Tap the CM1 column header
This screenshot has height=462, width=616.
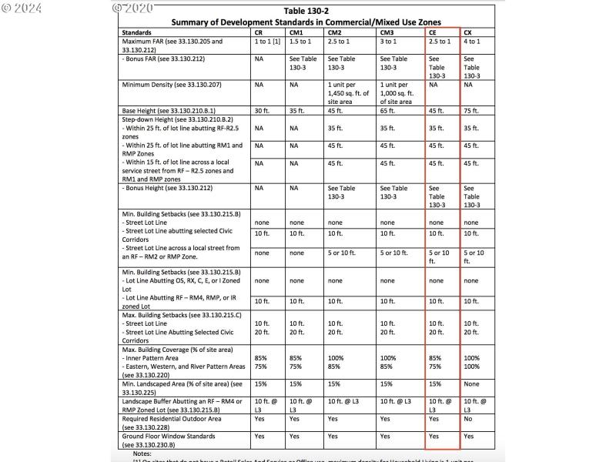[x=296, y=34]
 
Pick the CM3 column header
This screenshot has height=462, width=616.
[x=387, y=34]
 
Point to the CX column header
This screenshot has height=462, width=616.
[x=468, y=34]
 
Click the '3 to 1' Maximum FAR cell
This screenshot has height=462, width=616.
[x=390, y=42]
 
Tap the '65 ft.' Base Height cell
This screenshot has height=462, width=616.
[x=388, y=111]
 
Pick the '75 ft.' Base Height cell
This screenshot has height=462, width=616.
[x=471, y=111]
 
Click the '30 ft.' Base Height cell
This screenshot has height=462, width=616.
[x=263, y=111]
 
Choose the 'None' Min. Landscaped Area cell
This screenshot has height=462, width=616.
[x=473, y=383]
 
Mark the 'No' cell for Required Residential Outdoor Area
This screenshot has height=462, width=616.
[x=469, y=420]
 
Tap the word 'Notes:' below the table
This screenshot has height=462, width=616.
[x=142, y=454]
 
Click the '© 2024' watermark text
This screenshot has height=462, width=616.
[x=22, y=8]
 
